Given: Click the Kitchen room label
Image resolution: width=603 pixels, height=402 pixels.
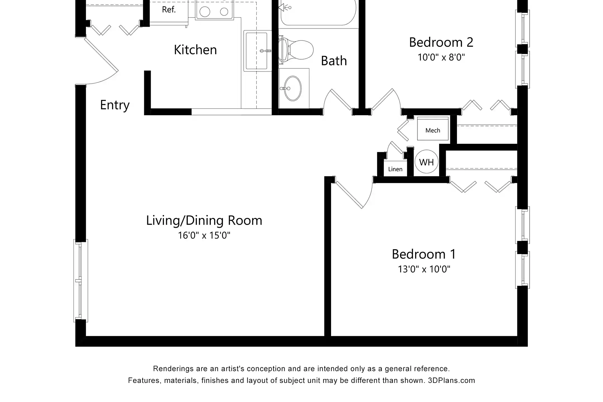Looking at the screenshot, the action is (195, 50).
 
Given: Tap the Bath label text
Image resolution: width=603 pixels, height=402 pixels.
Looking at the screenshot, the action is (334, 61).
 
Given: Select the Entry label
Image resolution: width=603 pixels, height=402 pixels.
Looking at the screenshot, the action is (115, 105).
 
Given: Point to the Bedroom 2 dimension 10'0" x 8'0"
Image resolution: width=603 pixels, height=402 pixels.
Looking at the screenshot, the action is (441, 57).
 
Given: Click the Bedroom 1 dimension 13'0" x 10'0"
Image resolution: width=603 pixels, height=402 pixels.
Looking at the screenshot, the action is (424, 269).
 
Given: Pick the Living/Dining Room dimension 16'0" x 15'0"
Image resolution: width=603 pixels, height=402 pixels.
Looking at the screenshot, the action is (204, 235).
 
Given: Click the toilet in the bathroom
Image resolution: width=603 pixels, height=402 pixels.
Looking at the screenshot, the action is (296, 50).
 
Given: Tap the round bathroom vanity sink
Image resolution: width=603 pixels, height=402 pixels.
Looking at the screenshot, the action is (293, 88).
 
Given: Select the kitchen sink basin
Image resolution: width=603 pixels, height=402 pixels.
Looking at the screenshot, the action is (256, 51).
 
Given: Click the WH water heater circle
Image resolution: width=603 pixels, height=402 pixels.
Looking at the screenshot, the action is (426, 162).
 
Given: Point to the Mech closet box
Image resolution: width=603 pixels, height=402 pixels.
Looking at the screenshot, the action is (433, 129).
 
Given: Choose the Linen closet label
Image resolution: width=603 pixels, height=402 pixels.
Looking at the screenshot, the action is (395, 169).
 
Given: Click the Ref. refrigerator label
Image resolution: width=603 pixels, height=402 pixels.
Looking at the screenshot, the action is (169, 10).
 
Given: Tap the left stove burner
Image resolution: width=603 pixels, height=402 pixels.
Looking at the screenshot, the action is (205, 12).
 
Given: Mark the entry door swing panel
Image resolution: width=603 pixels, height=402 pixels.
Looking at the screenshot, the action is (101, 55).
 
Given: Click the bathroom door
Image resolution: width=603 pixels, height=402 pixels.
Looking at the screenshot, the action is (341, 99).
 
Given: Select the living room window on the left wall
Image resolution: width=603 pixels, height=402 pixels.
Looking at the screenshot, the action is (81, 281).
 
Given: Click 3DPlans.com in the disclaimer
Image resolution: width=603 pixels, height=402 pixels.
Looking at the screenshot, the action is (451, 381).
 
